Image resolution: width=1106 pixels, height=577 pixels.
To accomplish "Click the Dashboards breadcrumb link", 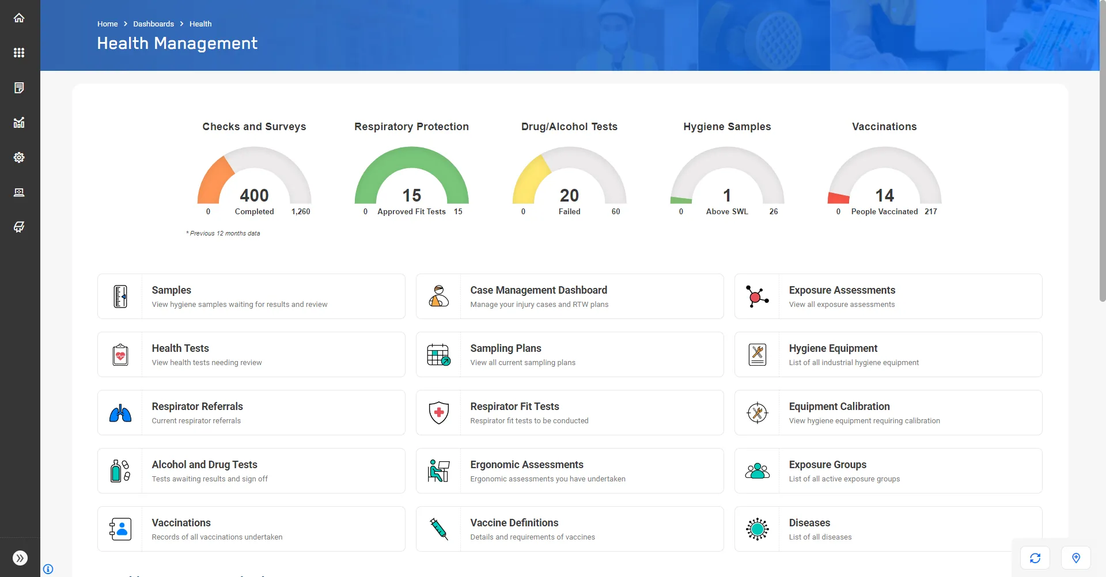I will [153, 24].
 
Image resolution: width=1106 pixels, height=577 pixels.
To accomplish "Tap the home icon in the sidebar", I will [19, 18].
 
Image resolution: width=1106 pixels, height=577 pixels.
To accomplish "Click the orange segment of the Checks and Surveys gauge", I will [213, 180].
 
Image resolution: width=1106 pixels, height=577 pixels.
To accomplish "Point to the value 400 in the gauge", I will [254, 195].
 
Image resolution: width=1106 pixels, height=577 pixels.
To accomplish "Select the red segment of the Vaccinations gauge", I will [839, 198].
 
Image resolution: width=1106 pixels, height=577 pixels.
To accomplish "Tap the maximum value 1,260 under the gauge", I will [301, 211].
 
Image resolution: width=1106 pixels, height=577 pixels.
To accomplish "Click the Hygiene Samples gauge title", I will [727, 127].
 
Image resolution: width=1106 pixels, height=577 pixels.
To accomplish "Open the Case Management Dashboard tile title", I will [539, 290].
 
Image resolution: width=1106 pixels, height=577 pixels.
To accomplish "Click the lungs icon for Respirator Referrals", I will [120, 413].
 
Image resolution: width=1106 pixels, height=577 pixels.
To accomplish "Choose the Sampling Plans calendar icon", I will [438, 355].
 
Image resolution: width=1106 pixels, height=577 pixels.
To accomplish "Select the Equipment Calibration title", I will [839, 407].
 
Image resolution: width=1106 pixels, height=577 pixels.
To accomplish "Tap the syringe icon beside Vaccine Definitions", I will [438, 529].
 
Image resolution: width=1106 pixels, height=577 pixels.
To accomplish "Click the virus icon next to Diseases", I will [757, 529].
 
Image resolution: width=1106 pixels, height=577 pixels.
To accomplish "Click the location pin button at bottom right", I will [1075, 557].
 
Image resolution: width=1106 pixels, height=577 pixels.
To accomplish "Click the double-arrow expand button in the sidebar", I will [20, 557].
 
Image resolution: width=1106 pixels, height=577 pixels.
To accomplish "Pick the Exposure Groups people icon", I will [757, 470].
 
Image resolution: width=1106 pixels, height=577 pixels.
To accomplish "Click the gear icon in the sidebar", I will [19, 157].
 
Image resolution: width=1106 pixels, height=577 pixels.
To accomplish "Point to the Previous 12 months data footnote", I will [224, 233].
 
